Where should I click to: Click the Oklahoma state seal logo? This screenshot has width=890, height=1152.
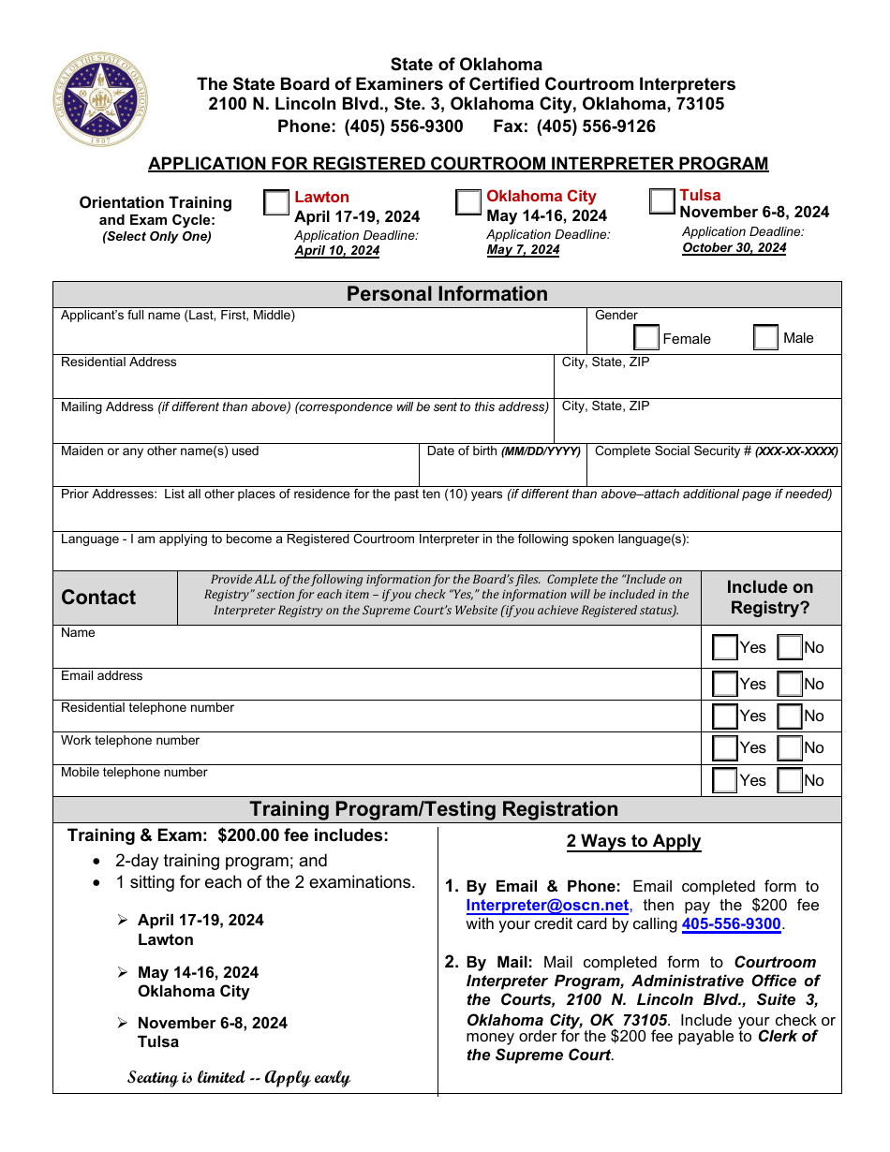(100, 99)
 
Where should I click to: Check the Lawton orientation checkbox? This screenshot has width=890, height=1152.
(276, 203)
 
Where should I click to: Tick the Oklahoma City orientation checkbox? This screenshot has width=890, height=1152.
(468, 202)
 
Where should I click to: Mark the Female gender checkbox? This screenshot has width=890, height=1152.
(646, 338)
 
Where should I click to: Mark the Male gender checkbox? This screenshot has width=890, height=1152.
(765, 337)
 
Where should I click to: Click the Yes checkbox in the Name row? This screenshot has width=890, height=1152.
(724, 647)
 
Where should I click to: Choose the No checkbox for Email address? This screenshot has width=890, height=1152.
(790, 685)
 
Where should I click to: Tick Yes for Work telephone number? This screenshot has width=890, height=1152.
(724, 748)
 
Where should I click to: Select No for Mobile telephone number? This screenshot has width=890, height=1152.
(790, 780)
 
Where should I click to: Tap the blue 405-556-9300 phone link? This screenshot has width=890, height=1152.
(731, 924)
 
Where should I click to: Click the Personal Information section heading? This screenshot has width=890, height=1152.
(447, 294)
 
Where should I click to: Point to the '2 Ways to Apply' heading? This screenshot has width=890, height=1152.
(633, 841)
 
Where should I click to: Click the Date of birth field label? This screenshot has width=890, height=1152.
(504, 451)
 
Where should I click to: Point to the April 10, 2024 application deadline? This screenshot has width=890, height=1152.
(337, 251)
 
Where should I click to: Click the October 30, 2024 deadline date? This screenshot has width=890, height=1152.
(734, 248)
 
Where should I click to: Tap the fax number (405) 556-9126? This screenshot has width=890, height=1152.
(596, 126)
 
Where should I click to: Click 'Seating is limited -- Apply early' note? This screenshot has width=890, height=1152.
(239, 1077)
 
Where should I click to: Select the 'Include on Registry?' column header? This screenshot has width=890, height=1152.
(770, 598)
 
